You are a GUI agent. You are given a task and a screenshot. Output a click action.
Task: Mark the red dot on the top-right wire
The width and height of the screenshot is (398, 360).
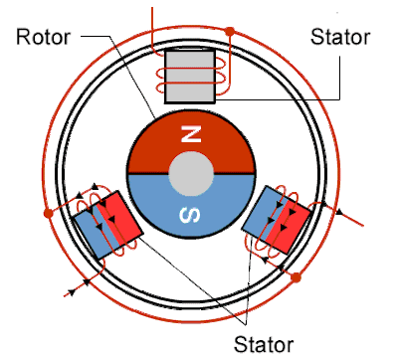pos(231,32)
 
